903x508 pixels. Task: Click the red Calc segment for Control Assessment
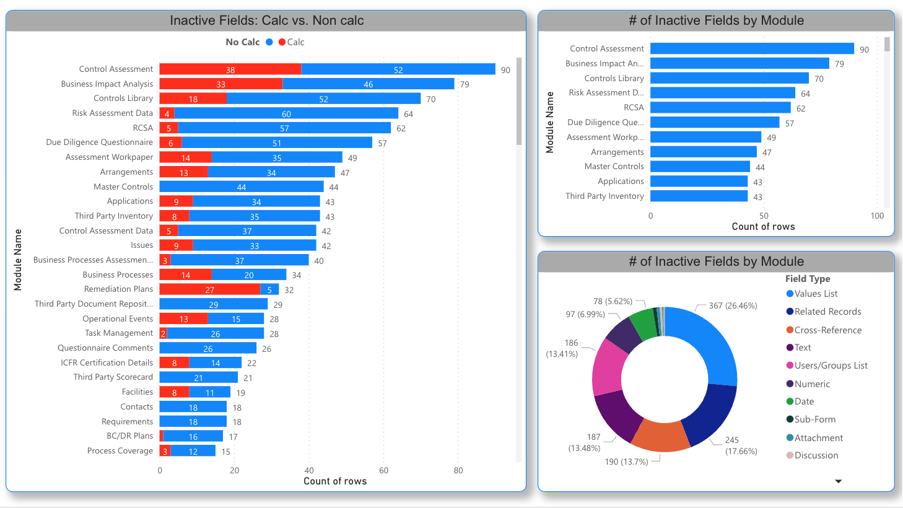pyautogui.click(x=230, y=69)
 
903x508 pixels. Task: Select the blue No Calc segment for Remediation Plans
pyautogui.click(x=269, y=289)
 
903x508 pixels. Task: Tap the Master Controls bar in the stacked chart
pyautogui.click(x=241, y=186)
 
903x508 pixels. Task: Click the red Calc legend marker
pyautogui.click(x=282, y=42)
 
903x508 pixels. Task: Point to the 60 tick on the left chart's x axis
pyautogui.click(x=384, y=470)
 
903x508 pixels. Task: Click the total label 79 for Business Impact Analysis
pyautogui.click(x=465, y=84)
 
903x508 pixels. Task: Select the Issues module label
pyautogui.click(x=142, y=245)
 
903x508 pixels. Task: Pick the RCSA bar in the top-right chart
pyautogui.click(x=720, y=108)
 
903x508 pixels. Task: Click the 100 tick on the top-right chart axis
pyautogui.click(x=877, y=216)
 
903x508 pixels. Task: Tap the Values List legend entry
pyautogui.click(x=816, y=294)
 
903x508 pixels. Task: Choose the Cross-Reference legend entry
pyautogui.click(x=827, y=330)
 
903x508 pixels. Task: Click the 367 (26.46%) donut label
pyautogui.click(x=733, y=305)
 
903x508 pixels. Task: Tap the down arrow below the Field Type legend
pyautogui.click(x=839, y=481)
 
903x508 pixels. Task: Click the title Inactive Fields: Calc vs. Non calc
pyautogui.click(x=266, y=20)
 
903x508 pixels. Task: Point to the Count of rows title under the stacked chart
pyautogui.click(x=334, y=481)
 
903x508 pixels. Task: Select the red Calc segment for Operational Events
pyautogui.click(x=183, y=319)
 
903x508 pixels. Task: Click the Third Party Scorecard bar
pyautogui.click(x=198, y=377)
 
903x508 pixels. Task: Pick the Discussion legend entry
pyautogui.click(x=816, y=455)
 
